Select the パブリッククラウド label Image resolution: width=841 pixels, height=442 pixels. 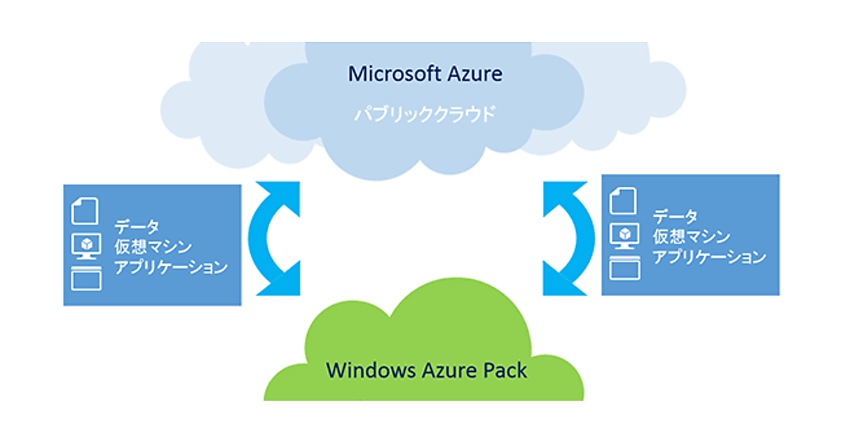pos(424,114)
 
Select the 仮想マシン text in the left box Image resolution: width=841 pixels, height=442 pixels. pos(153,246)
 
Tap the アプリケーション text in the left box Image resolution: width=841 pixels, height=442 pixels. pos(171,267)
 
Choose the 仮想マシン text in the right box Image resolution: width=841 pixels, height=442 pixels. pos(691,236)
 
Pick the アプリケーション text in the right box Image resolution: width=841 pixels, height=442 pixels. pos(709,257)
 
